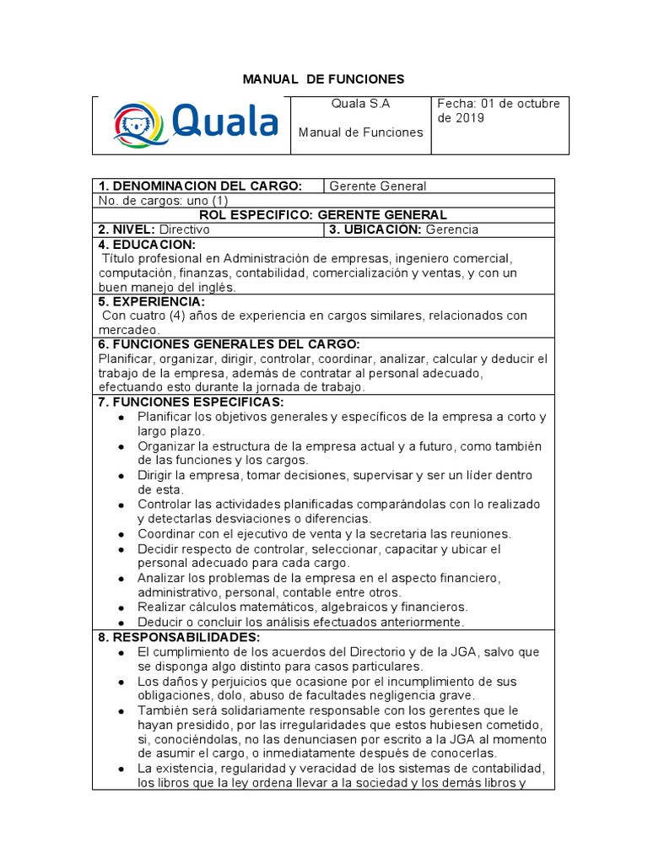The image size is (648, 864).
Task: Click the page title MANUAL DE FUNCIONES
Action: (x=324, y=79)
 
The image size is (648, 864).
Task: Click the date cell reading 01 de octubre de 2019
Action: (x=498, y=111)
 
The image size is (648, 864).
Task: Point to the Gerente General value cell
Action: (x=377, y=186)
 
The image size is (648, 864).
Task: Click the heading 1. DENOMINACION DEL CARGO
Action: (x=200, y=186)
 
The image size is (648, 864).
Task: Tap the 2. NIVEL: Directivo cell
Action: (x=154, y=229)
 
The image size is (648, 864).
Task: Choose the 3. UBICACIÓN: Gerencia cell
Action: (x=403, y=229)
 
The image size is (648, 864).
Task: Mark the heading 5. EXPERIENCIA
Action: (x=151, y=301)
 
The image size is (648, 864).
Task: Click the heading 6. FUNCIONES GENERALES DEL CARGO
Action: (x=229, y=344)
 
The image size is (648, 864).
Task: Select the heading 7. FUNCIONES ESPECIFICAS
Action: (x=191, y=402)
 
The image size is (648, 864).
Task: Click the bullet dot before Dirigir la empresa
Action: (x=123, y=476)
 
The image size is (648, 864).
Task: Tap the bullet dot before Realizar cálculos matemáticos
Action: (x=123, y=607)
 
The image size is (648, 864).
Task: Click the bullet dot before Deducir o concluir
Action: (x=123, y=622)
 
